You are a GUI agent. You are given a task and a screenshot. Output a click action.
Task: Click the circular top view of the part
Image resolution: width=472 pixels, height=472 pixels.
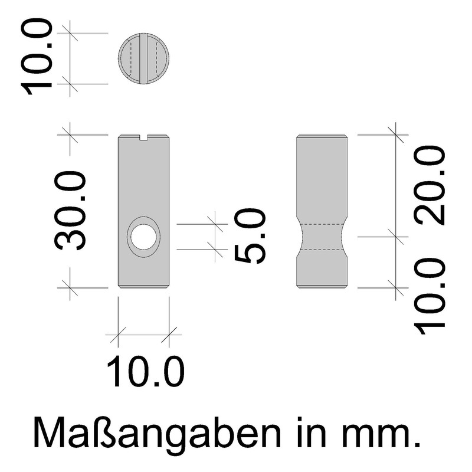(144, 59)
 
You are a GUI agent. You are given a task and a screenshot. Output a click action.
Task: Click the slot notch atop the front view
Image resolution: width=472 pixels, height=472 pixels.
(144, 138)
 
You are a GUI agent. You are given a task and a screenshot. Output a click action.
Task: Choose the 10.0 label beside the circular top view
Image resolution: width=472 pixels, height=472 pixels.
(38, 57)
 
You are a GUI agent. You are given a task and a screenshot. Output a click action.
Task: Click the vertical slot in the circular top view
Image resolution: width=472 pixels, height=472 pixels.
(144, 59)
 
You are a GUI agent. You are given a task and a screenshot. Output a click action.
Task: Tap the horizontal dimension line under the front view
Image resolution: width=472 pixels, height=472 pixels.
(144, 336)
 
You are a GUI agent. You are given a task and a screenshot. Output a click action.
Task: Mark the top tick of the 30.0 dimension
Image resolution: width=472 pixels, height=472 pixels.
(70, 135)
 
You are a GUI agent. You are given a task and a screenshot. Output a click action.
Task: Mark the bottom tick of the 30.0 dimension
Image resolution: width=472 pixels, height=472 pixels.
(70, 287)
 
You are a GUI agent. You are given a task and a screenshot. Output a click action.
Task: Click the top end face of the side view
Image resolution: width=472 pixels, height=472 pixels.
(322, 137)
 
